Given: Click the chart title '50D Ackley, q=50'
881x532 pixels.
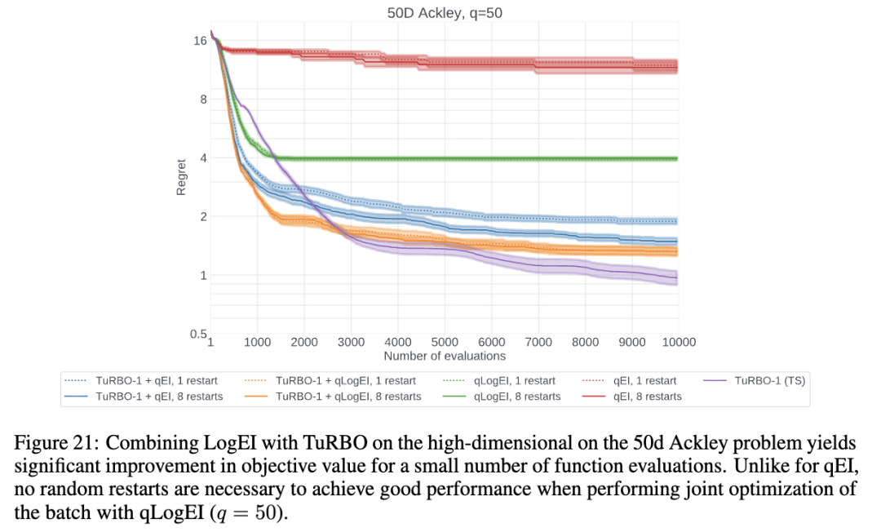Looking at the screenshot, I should coord(445,12).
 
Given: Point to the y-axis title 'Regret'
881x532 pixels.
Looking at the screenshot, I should coord(181,176).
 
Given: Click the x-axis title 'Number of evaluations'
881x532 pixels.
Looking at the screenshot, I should coord(445,356).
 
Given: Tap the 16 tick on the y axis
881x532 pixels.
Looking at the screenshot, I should coord(200,40).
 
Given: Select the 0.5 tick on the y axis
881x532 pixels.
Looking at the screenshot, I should coord(197,335).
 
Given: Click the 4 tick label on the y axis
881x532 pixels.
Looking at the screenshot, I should coord(203,157).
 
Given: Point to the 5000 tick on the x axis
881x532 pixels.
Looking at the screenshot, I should coord(445,342).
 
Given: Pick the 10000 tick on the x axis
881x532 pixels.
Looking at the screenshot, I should coord(678,342).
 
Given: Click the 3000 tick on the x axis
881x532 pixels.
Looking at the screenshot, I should coord(351,342).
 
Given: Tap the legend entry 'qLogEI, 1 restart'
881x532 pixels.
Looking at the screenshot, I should coord(514,380).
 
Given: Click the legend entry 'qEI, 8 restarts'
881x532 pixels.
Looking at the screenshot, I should coord(644,397).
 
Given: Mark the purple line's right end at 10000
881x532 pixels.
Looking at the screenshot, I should coord(677,279).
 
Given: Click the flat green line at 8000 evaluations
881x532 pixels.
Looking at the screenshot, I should coord(585,158).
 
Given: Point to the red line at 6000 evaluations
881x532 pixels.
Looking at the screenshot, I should coord(491,63).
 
